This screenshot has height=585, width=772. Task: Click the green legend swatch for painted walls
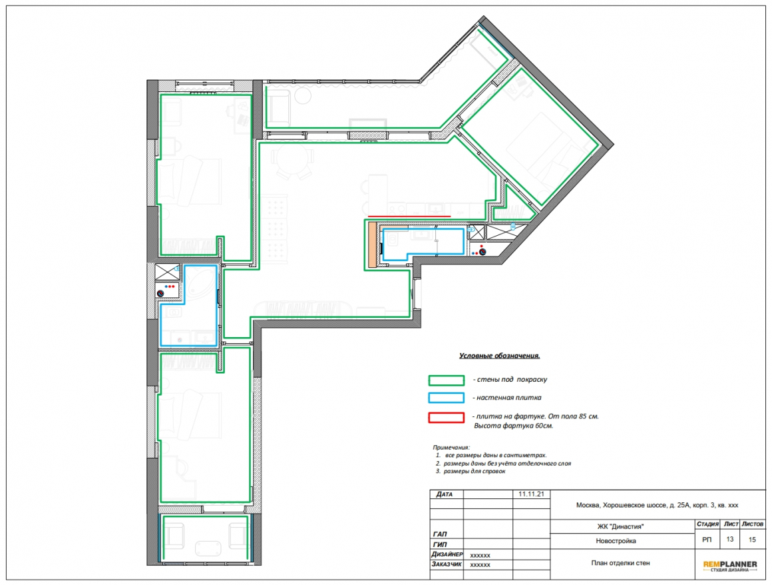tap(446, 380)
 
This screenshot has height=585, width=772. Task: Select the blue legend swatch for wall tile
tap(446, 398)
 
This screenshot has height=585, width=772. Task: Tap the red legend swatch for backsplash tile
tap(446, 418)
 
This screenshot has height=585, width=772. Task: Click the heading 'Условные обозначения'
tap(499, 355)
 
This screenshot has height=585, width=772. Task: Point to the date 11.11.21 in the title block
tap(531, 494)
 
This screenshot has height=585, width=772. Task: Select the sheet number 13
tap(729, 539)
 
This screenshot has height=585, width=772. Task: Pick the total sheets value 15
tap(752, 540)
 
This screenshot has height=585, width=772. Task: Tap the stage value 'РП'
tap(707, 540)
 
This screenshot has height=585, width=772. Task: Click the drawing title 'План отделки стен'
tap(620, 563)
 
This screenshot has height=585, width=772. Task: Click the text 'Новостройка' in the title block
tap(616, 540)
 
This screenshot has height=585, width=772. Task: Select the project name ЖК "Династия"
tap(620, 526)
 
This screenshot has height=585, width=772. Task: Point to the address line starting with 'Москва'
tap(657, 505)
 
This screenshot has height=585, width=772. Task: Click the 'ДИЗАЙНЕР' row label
tap(447, 554)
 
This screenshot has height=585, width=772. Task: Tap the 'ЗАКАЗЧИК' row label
tap(447, 564)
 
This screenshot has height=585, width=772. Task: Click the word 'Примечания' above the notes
tap(451, 448)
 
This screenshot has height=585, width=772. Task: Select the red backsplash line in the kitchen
tap(409, 216)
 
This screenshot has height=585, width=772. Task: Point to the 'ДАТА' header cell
tap(444, 494)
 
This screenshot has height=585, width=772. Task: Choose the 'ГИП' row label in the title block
tap(440, 544)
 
